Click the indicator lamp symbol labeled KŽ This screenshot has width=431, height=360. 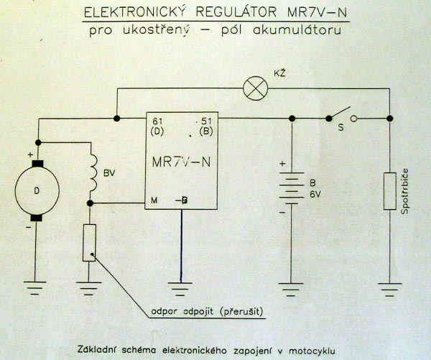254,89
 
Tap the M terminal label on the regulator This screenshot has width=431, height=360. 154,200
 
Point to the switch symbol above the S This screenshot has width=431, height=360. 341,115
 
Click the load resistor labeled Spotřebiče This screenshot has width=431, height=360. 389,190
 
